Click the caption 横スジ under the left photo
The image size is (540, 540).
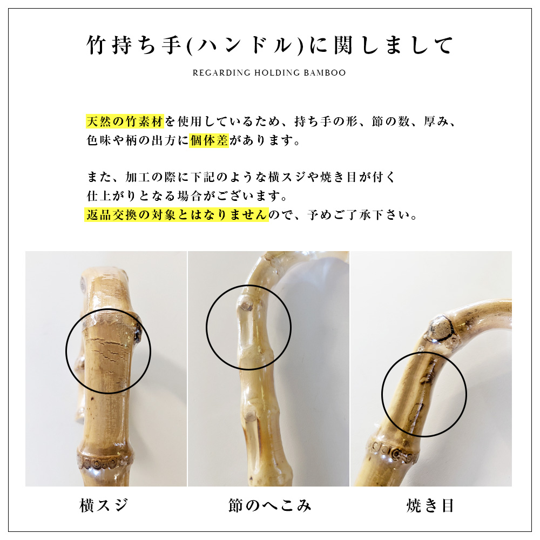click(x=104, y=505)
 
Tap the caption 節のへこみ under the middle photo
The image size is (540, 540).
click(x=269, y=505)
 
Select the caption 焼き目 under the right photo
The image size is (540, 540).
click(x=430, y=505)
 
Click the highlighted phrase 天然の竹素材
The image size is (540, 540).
click(x=125, y=121)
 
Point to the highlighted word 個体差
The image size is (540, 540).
click(x=210, y=141)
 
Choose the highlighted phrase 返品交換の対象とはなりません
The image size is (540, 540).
click(x=177, y=215)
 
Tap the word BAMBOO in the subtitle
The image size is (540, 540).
click(x=327, y=73)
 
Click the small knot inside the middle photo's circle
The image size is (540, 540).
click(x=246, y=306)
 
